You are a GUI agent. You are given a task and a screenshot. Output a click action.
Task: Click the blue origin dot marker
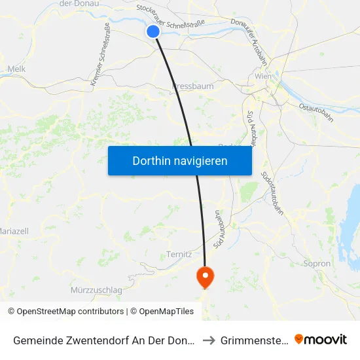click(x=153, y=31)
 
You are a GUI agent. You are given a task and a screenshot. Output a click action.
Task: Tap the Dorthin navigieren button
click(x=180, y=161)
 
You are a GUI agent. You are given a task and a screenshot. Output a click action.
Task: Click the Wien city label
click(x=263, y=77)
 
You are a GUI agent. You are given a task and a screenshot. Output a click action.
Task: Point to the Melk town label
click(x=16, y=68)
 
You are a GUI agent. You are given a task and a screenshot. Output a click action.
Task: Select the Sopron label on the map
click(x=317, y=263)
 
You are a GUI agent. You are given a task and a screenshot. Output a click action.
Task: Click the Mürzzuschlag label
click(x=97, y=289)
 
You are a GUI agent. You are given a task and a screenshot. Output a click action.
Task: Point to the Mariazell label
click(x=13, y=231)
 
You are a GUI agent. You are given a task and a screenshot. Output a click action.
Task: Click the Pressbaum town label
click(x=192, y=86)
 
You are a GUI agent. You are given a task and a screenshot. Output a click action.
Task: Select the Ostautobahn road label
click(x=315, y=112)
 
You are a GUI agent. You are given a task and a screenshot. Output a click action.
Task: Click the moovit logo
click(x=321, y=339)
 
